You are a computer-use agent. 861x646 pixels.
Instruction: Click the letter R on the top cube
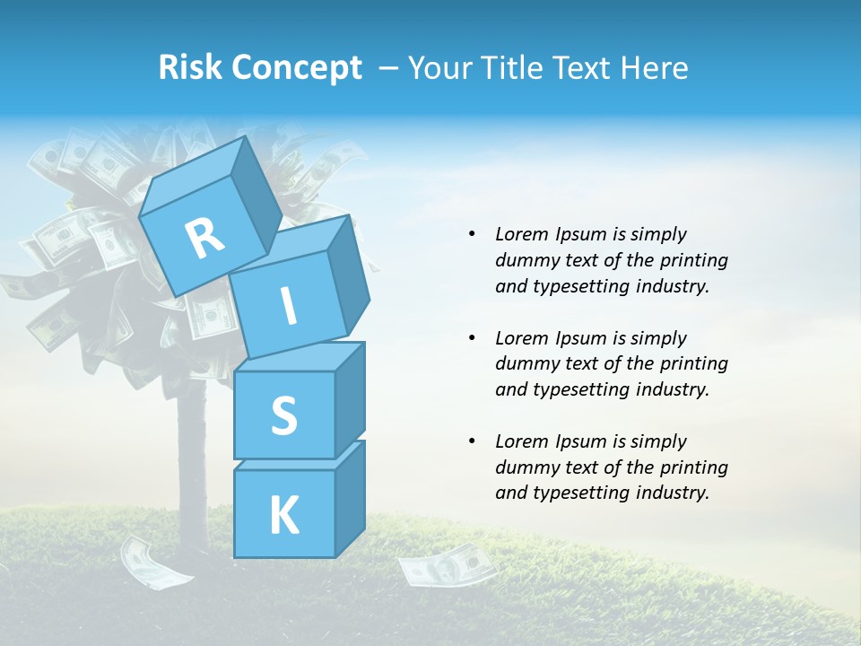[204, 238]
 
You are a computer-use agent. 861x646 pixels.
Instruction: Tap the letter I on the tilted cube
[288, 306]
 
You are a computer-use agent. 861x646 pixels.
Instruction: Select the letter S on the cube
[283, 416]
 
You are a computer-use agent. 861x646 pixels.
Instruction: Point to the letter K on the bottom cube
[283, 515]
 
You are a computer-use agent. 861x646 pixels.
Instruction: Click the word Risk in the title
[188, 68]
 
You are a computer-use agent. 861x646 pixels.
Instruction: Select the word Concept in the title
[296, 68]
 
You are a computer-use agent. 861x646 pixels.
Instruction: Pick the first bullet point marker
[472, 234]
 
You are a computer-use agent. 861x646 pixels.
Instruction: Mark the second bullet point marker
[472, 338]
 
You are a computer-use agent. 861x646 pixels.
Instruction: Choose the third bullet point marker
[472, 441]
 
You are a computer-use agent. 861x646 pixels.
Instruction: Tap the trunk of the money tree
[190, 449]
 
